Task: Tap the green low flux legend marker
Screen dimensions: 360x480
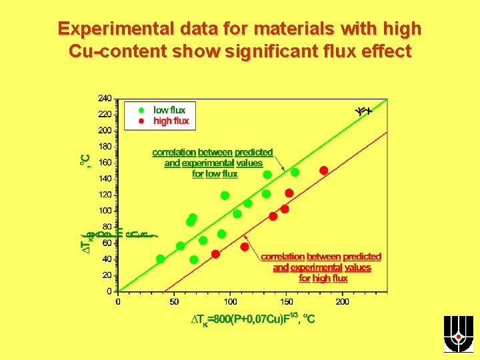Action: pos(141,110)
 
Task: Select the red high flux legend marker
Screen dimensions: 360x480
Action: pos(141,121)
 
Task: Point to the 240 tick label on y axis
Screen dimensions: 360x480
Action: pos(105,99)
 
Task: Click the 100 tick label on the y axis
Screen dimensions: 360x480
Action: pos(105,211)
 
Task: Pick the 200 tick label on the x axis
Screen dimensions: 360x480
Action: pos(342,301)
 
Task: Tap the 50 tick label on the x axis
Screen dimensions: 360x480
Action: pos(174,301)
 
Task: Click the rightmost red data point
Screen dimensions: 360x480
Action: pos(324,171)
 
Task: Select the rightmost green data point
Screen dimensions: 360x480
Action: pos(295,172)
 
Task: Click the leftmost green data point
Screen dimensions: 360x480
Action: pos(160,259)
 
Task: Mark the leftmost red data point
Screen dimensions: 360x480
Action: pos(215,254)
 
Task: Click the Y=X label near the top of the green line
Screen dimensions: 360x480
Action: pos(363,111)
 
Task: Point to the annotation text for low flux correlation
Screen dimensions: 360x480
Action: pos(213,163)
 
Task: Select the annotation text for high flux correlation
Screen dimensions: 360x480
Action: pos(321,267)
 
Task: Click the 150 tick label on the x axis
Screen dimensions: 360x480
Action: pos(286,301)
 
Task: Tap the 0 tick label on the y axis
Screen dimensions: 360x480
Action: pos(109,291)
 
